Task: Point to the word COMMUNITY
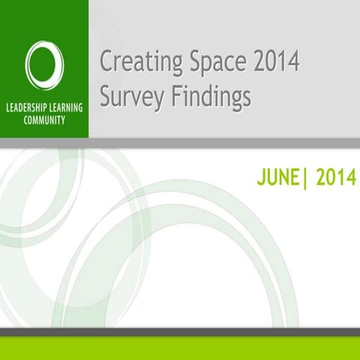point(44,119)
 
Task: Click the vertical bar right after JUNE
point(304,178)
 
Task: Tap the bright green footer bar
point(180,349)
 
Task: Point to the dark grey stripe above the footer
point(180,332)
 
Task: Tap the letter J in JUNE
point(258,178)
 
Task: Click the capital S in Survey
point(106,96)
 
